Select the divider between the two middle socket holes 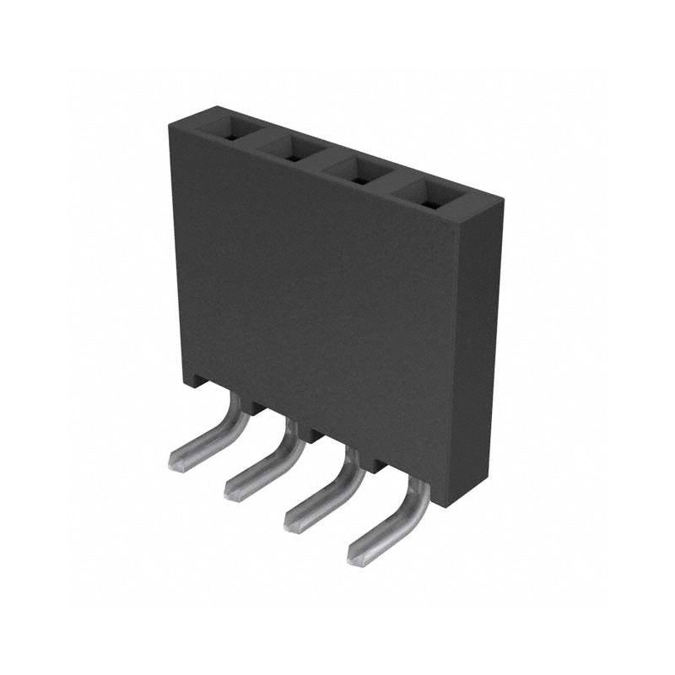tap(324, 164)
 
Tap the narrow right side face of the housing tap(479, 354)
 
